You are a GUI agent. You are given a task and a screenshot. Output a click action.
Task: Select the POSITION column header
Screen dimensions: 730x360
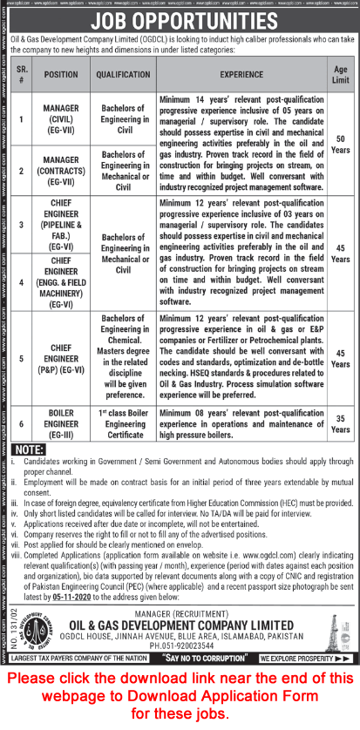click(61, 75)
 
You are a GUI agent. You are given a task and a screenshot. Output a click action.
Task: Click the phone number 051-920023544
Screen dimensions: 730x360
click(183, 633)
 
